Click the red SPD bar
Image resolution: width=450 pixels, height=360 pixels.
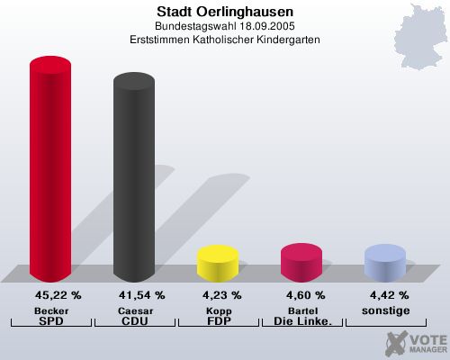(50, 171)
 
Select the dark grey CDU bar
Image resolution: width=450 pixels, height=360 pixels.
(133, 180)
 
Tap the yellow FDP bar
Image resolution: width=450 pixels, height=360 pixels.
(217, 262)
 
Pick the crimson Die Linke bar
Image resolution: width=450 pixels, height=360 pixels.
(301, 261)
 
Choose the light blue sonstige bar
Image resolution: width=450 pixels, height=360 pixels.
(384, 262)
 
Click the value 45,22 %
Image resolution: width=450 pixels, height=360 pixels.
(58, 294)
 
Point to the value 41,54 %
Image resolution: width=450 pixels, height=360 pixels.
(141, 294)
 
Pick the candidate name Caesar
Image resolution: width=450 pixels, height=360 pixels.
(133, 310)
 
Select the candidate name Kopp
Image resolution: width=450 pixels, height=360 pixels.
(217, 310)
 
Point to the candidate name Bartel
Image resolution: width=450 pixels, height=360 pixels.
(301, 310)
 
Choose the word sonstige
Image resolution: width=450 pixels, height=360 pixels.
(384, 310)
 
